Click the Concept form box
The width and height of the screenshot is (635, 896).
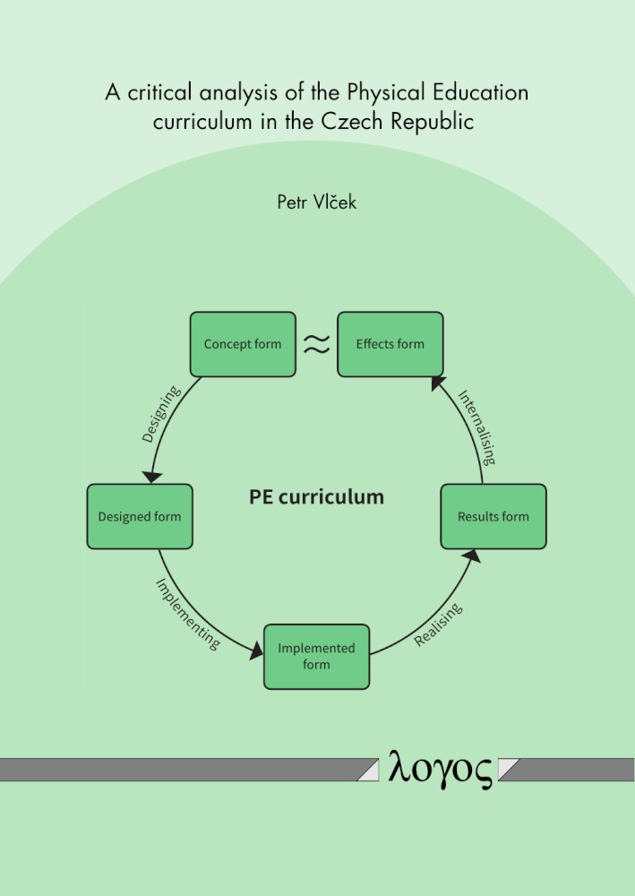coord(243,344)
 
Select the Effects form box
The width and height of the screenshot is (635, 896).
coord(390,344)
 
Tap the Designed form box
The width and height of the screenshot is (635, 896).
coord(140,517)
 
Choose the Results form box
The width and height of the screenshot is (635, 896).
coord(493,517)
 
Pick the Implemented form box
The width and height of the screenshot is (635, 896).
coord(316,657)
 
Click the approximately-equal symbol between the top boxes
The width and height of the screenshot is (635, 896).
coord(316,343)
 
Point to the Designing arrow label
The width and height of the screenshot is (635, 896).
coord(161,414)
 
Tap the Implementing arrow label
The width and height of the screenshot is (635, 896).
coord(188,614)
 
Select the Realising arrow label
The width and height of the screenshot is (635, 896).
coord(438,624)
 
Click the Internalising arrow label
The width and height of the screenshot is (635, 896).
coord(476,426)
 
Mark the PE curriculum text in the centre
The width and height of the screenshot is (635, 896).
coord(316,496)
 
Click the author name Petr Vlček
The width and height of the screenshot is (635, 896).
coord(316,202)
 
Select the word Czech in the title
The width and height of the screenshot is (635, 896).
coord(353,121)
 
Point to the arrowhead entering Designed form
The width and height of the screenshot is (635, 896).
coord(152,478)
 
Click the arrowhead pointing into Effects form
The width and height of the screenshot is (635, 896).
coord(438,383)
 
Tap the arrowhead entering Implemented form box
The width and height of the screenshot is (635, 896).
coord(256,650)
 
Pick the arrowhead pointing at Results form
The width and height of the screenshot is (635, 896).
coord(472,556)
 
